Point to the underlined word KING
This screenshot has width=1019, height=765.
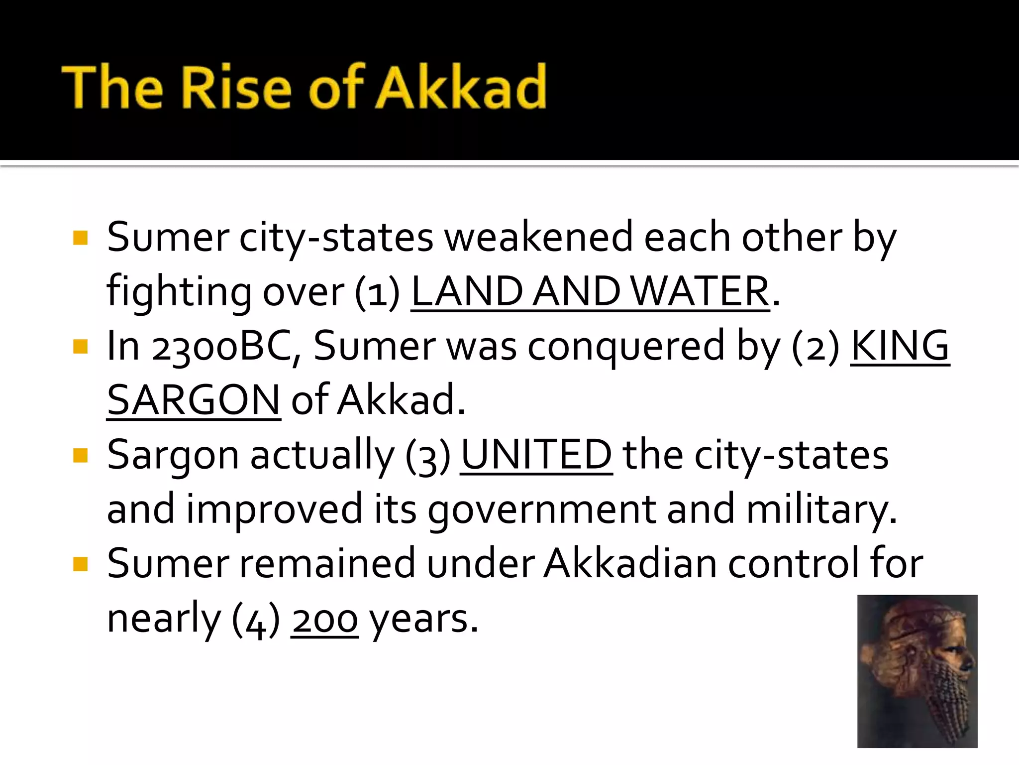[x=900, y=346]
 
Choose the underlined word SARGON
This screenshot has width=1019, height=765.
[x=194, y=400]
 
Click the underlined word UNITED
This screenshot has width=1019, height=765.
[x=536, y=455]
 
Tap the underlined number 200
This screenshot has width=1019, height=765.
[x=324, y=619]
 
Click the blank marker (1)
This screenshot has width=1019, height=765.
[x=377, y=292]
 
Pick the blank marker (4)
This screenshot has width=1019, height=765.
[x=256, y=619]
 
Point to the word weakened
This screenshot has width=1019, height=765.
[x=538, y=237]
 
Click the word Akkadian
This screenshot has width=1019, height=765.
[x=629, y=564]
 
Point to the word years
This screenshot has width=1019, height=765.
[x=423, y=619]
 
